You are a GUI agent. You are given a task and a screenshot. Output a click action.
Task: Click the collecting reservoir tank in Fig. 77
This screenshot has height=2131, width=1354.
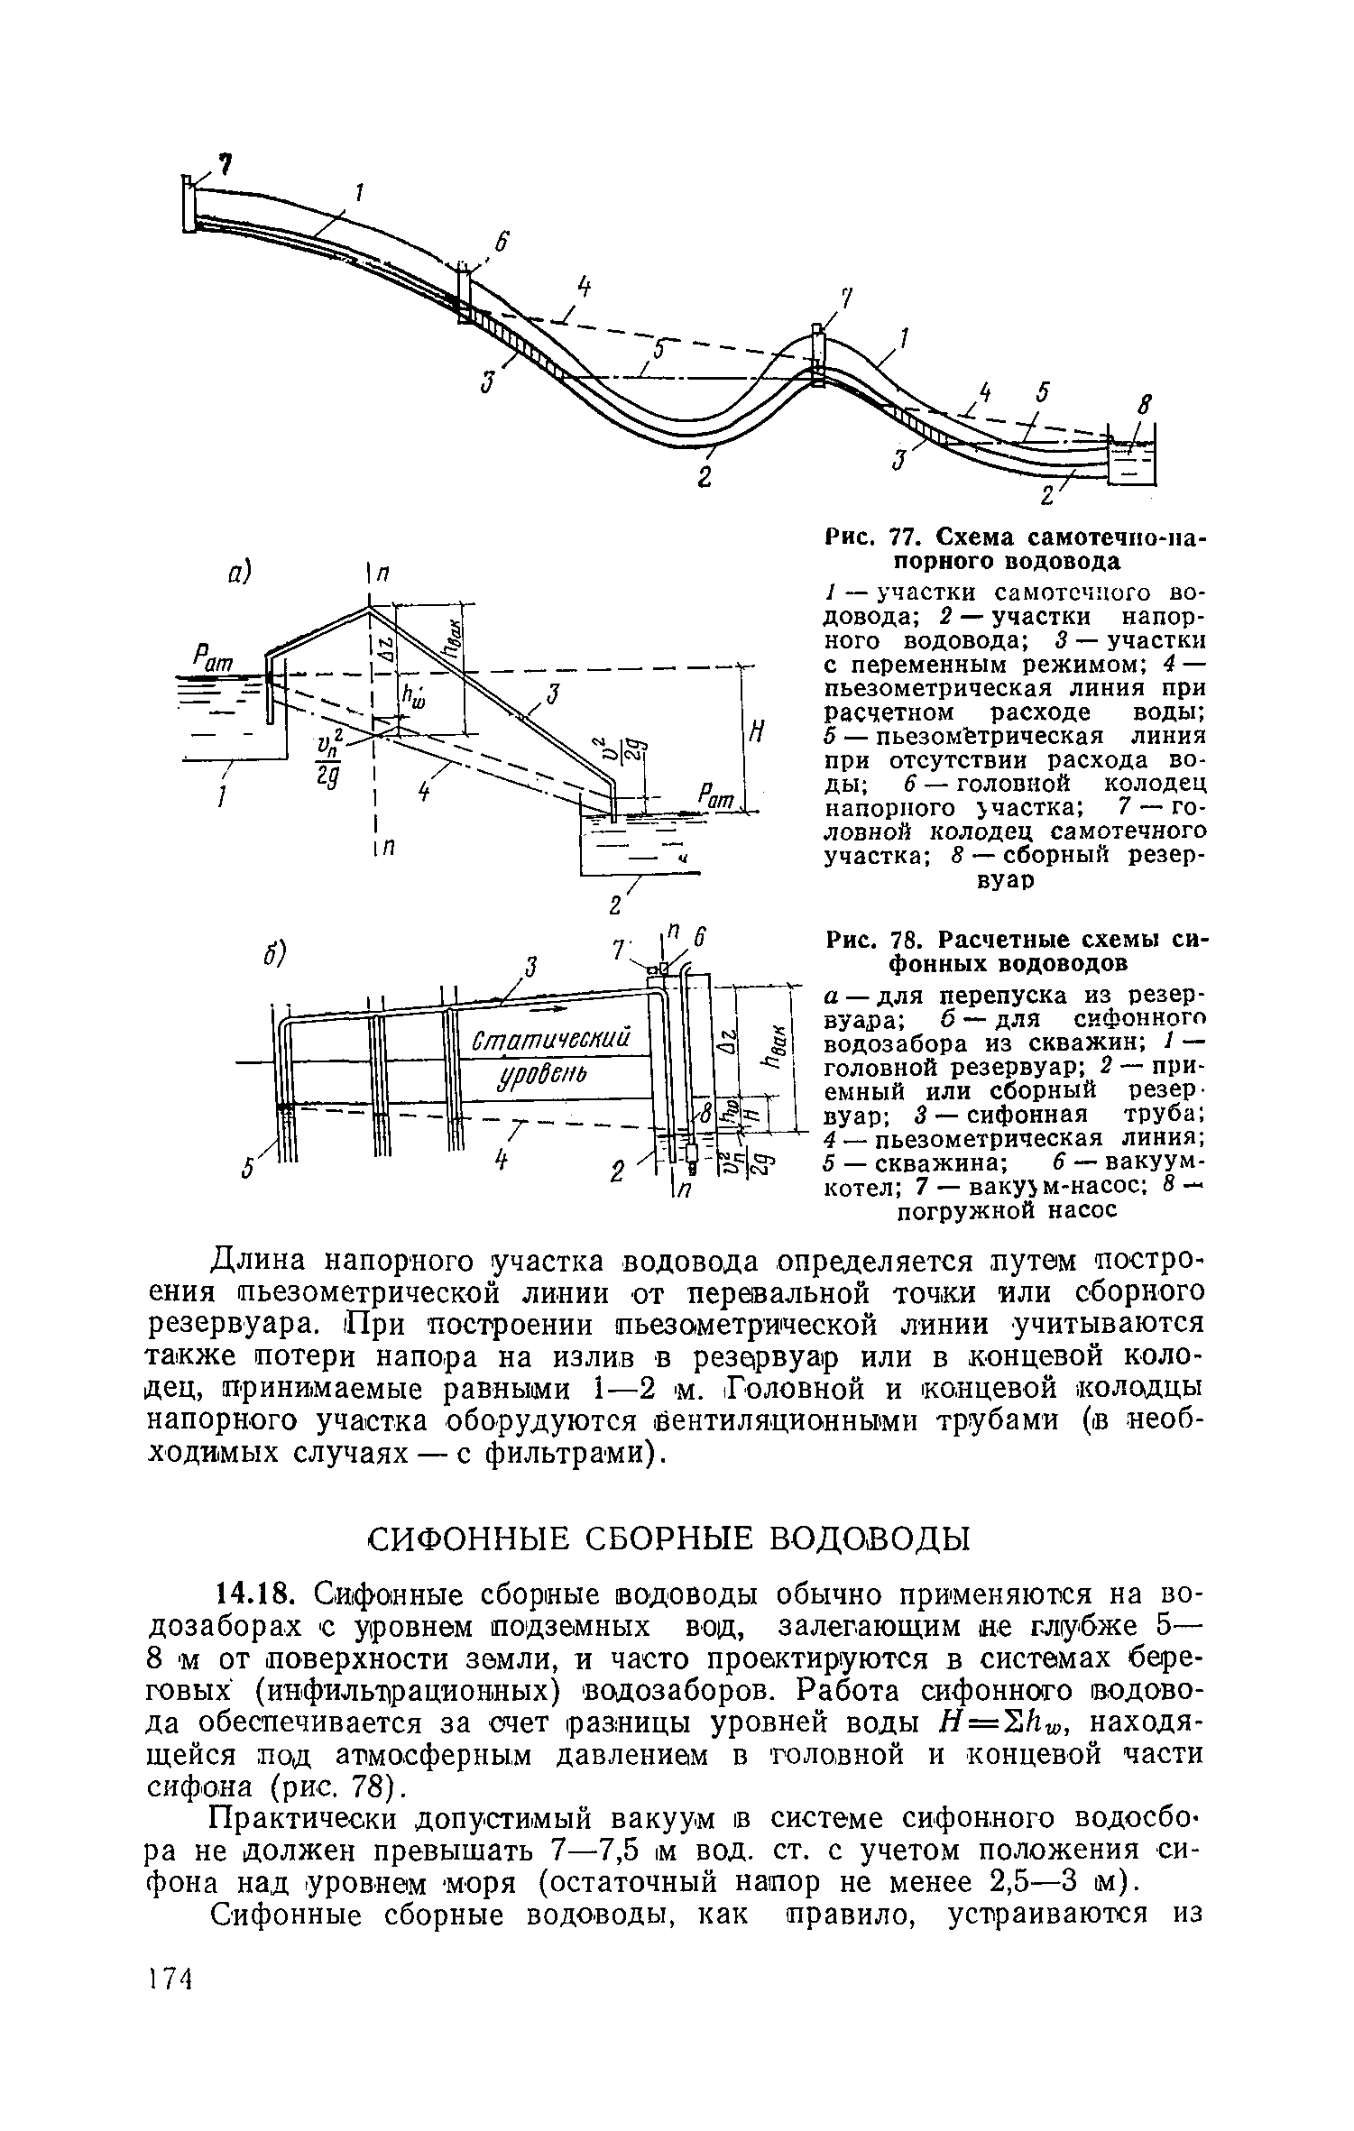pyautogui.click(x=1130, y=461)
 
